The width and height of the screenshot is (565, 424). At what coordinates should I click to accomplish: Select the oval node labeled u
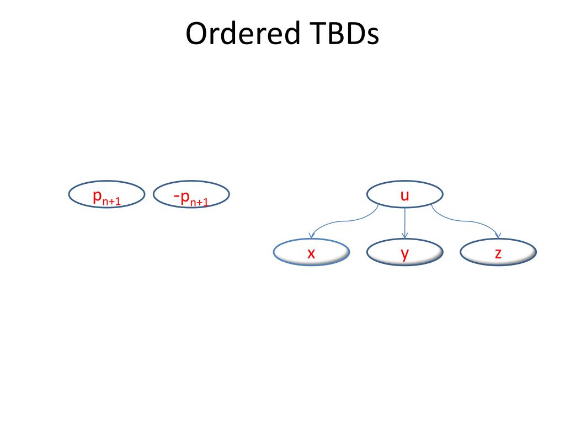405,194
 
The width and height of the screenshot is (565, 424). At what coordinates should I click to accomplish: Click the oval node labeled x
311,253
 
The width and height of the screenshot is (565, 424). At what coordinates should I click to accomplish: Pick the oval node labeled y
405,253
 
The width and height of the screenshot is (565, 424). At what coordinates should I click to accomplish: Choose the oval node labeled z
498,253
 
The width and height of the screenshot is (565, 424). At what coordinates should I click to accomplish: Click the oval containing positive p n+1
106,195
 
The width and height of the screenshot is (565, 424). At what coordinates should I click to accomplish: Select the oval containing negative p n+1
191,195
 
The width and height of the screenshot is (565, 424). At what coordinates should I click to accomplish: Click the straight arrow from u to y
405,221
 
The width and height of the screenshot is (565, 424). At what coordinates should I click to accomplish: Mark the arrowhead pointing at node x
313,236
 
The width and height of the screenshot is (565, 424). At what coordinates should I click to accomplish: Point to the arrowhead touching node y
405,236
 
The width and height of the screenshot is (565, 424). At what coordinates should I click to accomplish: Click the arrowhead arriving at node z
499,236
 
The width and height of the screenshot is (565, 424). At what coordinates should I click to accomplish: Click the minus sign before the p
177,195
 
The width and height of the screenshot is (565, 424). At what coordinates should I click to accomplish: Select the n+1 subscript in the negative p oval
199,202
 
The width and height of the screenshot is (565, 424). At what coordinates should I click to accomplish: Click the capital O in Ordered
197,34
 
